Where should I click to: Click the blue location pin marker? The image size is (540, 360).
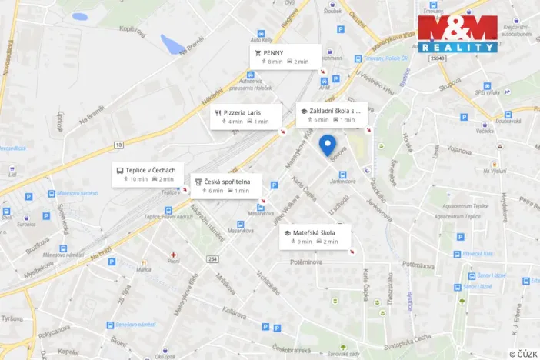pos(328,145)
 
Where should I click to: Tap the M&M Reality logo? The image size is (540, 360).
pos(458,33)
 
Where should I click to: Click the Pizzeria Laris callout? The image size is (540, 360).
pos(246,116)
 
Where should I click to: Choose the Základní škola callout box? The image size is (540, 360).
pos(332,115)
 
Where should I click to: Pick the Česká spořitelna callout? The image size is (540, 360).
pos(225,185)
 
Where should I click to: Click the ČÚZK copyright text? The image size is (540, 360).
pos(522,354)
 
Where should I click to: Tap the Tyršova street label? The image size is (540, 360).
pos(10,318)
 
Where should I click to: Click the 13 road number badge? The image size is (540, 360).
pos(118,144)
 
